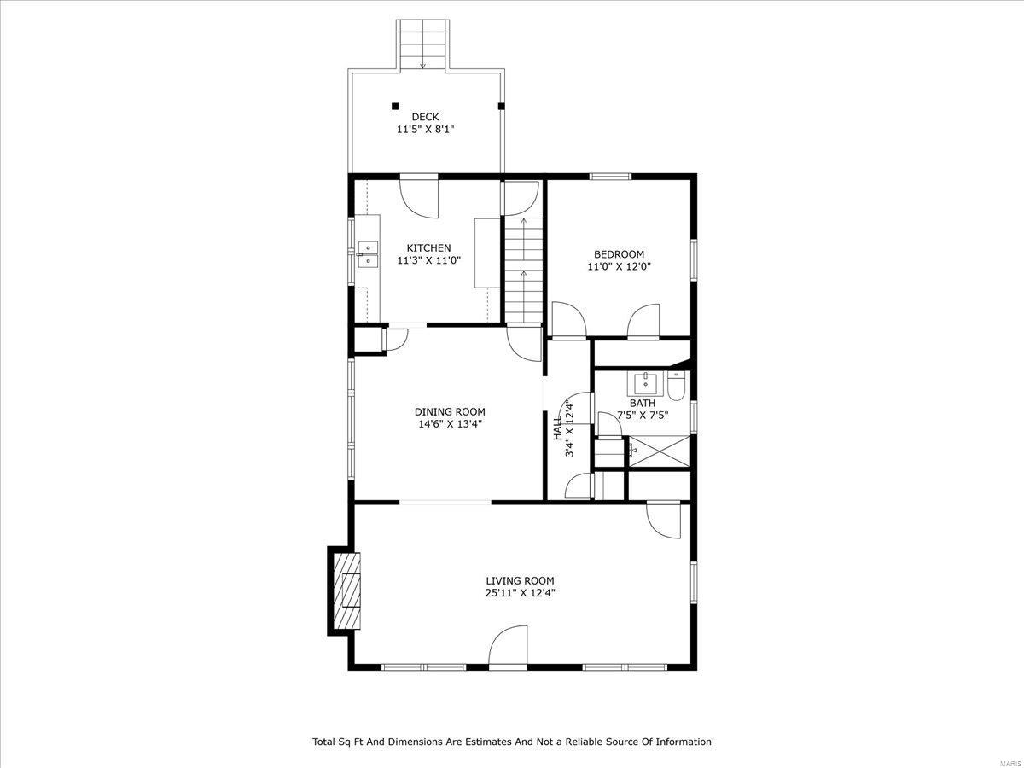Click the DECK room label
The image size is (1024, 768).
425,117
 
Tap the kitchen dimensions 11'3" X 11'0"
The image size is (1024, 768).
428,260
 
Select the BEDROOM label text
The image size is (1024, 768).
619,254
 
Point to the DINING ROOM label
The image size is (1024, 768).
450,412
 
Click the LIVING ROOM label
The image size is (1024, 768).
521,580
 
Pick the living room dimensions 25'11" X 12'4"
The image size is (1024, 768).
521,593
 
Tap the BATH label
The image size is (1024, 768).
643,403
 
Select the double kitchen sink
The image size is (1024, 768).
368,254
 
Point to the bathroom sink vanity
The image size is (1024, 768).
645,384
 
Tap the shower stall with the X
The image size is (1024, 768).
659,451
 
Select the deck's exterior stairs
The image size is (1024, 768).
422,45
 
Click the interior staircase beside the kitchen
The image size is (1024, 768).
523,270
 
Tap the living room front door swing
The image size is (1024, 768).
508,645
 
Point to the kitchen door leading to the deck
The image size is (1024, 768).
419,196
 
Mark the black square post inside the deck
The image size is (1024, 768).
395,107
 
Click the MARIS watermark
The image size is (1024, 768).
1010,763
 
